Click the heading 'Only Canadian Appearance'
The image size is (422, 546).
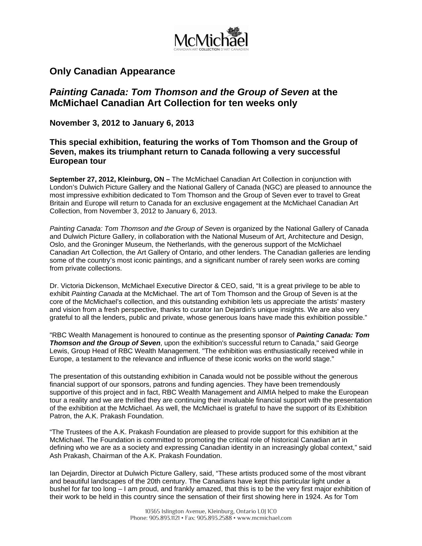(x=112, y=71)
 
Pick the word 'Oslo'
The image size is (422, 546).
(x=56, y=245)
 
